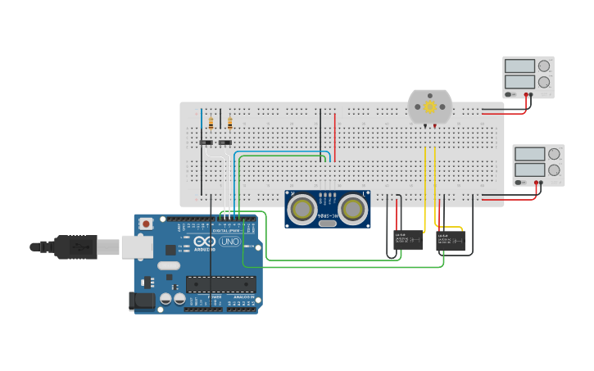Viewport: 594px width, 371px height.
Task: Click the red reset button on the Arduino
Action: tap(146, 223)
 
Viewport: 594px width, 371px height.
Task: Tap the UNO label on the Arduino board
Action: tap(229, 242)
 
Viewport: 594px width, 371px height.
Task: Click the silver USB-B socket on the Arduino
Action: tap(137, 247)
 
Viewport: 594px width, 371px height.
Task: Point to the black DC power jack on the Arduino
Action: tap(141, 301)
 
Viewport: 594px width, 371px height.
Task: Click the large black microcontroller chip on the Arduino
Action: tap(220, 284)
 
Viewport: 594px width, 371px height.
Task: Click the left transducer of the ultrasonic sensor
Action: tap(302, 209)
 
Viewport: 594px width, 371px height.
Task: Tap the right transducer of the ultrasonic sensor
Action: tap(352, 209)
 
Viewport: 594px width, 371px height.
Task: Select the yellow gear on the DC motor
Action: tap(430, 107)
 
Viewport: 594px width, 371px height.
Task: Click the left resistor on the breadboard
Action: tap(211, 124)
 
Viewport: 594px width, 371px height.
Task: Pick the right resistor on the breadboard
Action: tap(229, 124)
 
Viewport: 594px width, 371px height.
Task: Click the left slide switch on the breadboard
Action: tap(206, 143)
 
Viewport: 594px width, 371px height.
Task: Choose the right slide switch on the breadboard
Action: tap(224, 143)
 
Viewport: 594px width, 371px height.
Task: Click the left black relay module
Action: tap(408, 239)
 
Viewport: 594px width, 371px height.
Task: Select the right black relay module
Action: tap(451, 239)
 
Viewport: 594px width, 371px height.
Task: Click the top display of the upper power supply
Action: tap(519, 66)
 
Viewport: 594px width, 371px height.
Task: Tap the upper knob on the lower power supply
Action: tap(555, 154)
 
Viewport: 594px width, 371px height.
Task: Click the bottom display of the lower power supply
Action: tap(529, 170)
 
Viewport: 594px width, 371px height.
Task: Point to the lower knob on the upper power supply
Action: tap(544, 82)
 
